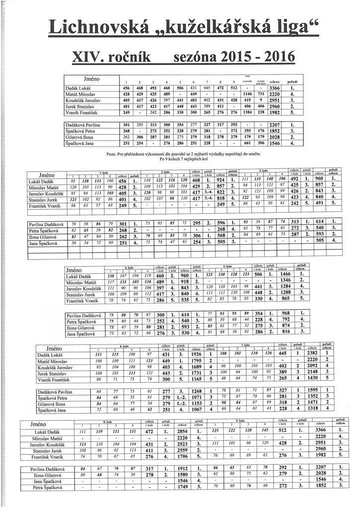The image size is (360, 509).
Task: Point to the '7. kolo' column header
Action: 246,344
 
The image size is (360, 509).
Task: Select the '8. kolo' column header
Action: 106,422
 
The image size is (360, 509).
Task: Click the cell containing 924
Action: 221,180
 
